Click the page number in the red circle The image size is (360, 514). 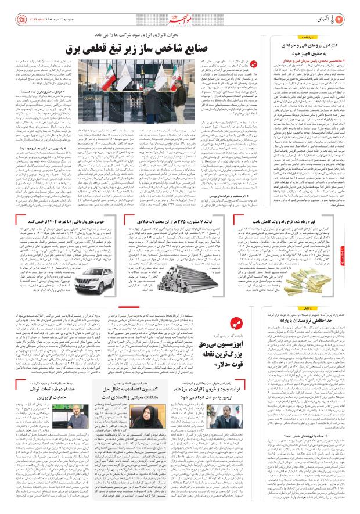[x=341, y=11]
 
